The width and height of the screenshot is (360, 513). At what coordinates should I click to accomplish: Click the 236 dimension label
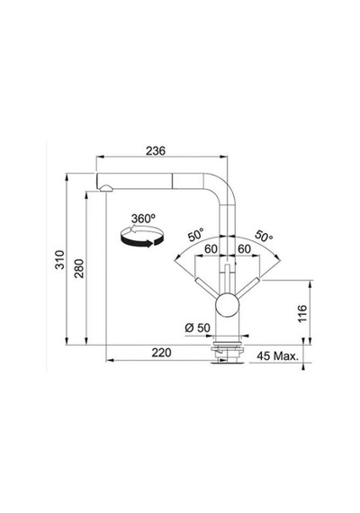[156, 151]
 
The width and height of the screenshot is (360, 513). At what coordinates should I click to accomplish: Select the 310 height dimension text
[60, 260]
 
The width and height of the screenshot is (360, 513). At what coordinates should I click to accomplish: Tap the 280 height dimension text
[79, 268]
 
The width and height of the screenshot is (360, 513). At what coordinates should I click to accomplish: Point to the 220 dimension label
[161, 353]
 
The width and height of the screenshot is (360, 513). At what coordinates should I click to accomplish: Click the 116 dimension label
[302, 313]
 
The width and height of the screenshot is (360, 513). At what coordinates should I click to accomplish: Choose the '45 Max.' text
[278, 356]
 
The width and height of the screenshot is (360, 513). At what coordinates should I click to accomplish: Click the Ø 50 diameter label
[197, 328]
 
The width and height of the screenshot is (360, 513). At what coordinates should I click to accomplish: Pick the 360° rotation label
[143, 219]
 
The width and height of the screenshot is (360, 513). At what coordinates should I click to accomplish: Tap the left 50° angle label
[195, 235]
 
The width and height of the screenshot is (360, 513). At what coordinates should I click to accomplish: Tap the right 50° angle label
[264, 236]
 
